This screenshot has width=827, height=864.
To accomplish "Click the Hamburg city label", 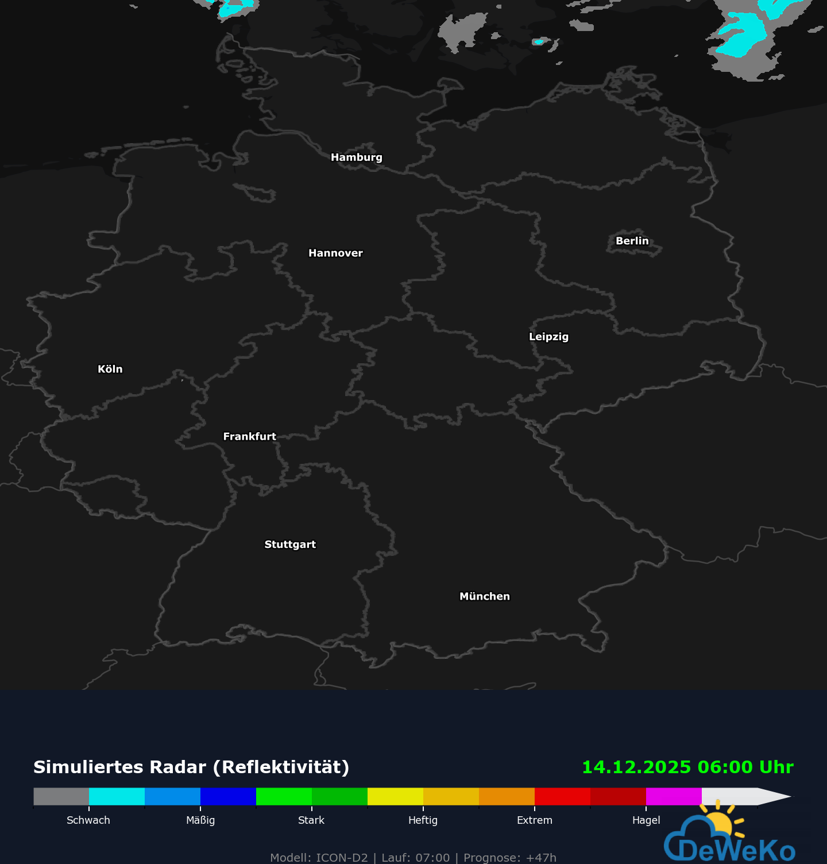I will tap(356, 158).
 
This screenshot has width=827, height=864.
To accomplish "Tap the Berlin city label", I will tap(632, 241).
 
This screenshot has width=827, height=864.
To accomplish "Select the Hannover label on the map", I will tap(335, 253).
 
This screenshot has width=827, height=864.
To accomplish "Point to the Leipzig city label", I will tap(548, 337).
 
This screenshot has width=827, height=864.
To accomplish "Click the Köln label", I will tap(110, 369).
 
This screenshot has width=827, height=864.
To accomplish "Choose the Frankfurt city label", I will tap(249, 436).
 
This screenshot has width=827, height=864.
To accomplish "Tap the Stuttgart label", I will tap(290, 544).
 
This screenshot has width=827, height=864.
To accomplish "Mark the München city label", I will tap(484, 596).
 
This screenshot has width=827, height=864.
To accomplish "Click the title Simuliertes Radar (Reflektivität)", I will tap(191, 767).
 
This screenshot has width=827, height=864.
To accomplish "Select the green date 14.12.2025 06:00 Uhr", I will tap(687, 767).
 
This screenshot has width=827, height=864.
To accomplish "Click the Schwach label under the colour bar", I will tap(88, 820).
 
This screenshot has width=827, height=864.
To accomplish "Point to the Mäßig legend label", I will tap(200, 820).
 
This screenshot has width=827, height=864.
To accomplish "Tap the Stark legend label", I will tap(311, 820).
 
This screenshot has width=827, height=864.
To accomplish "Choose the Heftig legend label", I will tap(423, 820).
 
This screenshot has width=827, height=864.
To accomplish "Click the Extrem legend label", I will tap(534, 820).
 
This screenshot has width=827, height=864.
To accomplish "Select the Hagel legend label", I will tap(646, 820).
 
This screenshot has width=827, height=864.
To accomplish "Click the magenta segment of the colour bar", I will tap(674, 796).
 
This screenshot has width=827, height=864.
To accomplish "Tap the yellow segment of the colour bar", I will tap(395, 796).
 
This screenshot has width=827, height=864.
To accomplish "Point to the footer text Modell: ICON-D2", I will tap(319, 858).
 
